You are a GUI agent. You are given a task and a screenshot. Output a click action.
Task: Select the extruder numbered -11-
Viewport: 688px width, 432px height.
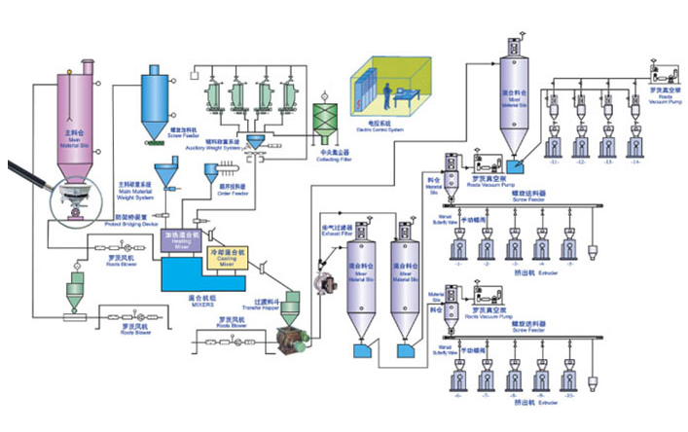click(555, 143)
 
